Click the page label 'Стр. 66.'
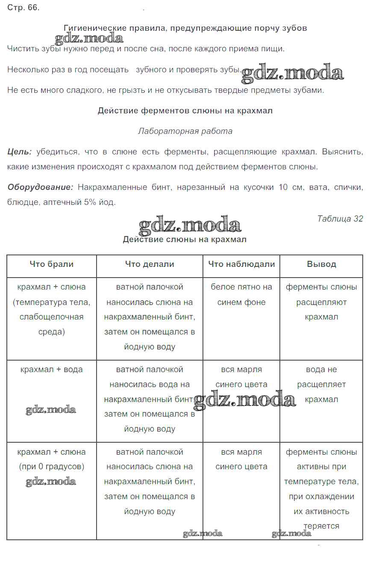tap(23, 8)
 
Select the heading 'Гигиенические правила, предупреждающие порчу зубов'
tap(185, 28)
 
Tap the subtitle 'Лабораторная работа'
tap(185, 131)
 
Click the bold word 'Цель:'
tap(19, 152)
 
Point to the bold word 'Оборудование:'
tap(41, 187)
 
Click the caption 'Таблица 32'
tap(340, 219)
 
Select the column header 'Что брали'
tap(51, 264)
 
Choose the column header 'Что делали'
tap(150, 264)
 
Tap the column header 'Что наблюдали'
tap(241, 264)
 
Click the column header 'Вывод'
tap(321, 264)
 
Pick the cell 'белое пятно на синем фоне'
tap(241, 295)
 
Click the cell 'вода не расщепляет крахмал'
tap(321, 384)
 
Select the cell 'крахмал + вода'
tap(51, 370)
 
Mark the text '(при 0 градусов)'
tap(51, 467)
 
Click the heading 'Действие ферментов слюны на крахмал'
tap(185, 111)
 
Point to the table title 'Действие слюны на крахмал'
tap(185, 240)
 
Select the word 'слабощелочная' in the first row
tap(51, 317)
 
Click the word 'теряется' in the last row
tap(321, 526)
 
